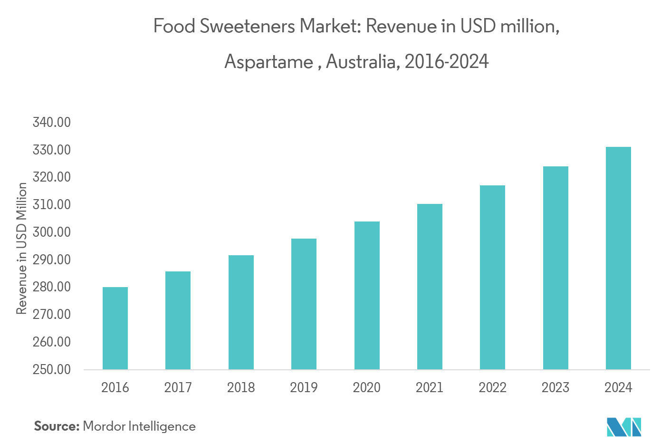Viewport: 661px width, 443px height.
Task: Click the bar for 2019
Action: click(x=304, y=304)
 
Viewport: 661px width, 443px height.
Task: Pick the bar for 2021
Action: click(x=430, y=287)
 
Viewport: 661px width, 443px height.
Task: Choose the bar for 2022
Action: click(x=492, y=277)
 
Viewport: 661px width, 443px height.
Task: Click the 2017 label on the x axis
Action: click(x=178, y=387)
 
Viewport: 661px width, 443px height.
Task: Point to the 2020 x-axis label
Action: click(x=366, y=387)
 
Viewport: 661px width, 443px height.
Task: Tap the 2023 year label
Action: click(x=555, y=387)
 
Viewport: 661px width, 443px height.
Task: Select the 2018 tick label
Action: click(x=241, y=387)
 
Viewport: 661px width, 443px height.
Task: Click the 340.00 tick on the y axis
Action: click(x=52, y=122)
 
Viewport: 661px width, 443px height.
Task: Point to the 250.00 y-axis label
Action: click(x=52, y=369)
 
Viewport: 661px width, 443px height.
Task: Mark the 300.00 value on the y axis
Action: click(x=52, y=232)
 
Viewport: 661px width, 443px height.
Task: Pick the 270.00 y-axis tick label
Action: click(x=52, y=314)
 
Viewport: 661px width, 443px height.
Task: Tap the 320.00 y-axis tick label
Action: click(x=52, y=177)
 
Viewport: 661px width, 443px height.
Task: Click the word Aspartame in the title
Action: click(x=268, y=62)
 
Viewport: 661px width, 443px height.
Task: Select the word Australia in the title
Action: click(x=362, y=62)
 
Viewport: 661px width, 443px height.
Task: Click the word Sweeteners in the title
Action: click(x=248, y=26)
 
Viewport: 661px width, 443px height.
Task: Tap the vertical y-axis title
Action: click(x=21, y=249)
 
